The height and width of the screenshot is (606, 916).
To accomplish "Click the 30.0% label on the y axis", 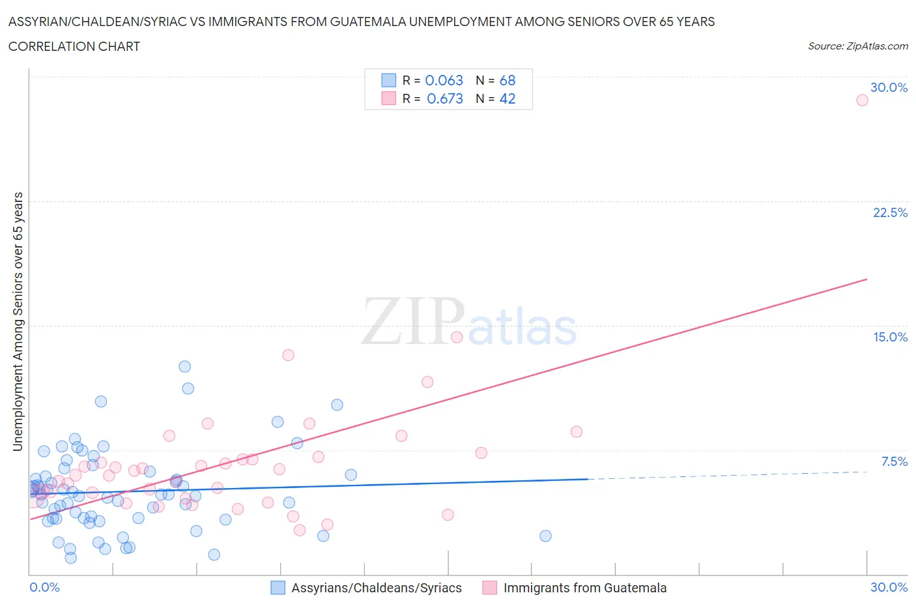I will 889,87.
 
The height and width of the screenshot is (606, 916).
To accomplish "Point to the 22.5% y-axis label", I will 890,212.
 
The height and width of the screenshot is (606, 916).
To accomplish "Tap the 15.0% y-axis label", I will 890,337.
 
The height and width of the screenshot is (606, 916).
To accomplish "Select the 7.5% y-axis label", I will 894,461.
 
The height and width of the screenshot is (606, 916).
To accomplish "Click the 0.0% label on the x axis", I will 44,587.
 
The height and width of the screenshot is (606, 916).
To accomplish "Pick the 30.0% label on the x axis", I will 889,587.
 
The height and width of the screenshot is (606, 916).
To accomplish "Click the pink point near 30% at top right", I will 862,100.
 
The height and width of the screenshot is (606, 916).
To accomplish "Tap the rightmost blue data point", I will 545,536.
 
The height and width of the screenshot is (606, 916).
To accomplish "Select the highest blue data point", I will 184,366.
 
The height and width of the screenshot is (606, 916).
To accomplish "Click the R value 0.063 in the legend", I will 444,80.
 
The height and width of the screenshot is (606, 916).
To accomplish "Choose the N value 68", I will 507,80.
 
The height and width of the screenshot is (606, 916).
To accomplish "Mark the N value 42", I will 507,98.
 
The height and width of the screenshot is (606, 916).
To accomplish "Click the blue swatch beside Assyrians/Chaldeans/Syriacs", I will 278,588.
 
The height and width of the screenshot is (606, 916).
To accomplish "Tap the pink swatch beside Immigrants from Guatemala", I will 489,588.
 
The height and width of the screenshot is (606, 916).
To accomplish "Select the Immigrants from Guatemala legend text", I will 584,588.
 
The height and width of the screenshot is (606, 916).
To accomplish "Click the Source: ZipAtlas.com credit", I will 857,46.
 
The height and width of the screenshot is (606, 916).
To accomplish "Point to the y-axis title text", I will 18,321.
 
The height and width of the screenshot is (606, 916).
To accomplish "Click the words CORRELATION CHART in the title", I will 74,46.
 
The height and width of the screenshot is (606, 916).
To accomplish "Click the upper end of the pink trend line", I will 866,279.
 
